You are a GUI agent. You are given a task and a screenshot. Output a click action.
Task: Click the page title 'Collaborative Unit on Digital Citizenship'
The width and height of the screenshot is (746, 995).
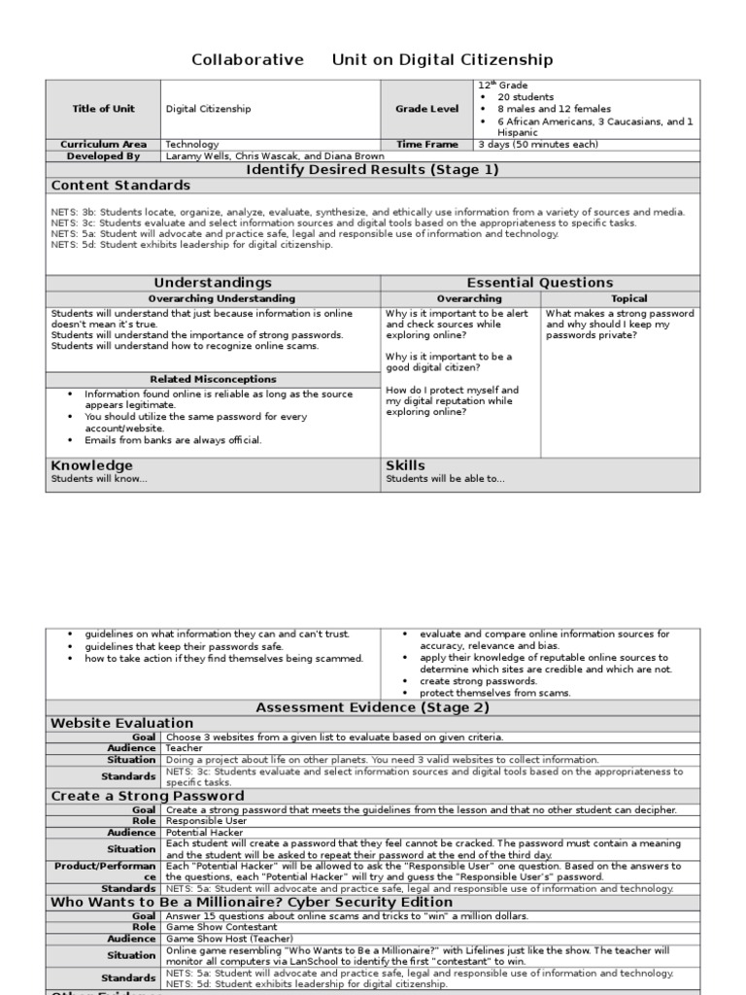point(372,60)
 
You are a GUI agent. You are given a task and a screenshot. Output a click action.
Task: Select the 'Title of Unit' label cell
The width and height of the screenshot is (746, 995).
point(103,109)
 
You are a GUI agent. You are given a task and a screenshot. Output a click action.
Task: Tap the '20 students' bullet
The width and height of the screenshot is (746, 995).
point(526,97)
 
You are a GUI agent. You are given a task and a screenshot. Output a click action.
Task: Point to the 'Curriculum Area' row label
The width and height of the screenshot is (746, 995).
point(103,144)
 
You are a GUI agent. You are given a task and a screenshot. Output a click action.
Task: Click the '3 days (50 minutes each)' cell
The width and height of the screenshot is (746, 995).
point(538,144)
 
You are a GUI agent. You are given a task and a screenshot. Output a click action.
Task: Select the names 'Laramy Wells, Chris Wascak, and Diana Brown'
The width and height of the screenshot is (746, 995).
point(275,155)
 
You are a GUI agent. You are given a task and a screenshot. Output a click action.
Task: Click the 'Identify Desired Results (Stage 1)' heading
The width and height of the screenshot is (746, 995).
point(372,169)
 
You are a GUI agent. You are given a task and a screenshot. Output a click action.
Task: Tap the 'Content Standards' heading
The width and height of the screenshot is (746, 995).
point(120,185)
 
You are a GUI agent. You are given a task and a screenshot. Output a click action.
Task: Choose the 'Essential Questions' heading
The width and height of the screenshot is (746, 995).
point(540,283)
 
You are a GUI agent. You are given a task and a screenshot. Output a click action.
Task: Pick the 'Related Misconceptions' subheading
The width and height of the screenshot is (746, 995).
point(213,379)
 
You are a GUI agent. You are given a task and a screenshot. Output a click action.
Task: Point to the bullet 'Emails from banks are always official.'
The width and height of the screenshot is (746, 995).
point(173,440)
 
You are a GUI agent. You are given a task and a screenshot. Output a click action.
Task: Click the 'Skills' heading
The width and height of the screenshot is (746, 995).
point(405,465)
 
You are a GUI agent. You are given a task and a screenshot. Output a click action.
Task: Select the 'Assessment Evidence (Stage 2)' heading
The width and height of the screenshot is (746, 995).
point(372,707)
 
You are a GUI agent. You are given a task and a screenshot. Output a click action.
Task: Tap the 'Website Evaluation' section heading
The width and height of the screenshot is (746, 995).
point(121,723)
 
